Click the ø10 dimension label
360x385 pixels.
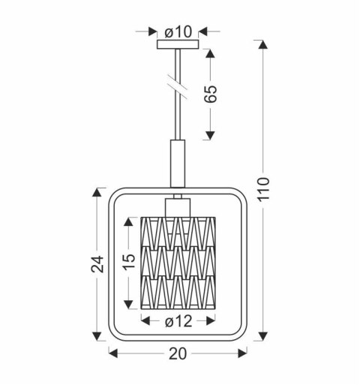[x=178, y=32]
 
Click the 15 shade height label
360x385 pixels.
[x=130, y=260]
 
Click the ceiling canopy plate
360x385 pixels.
[x=178, y=45]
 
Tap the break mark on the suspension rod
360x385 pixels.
[x=178, y=83]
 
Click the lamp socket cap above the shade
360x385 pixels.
[x=178, y=206]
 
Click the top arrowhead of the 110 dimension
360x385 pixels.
[x=262, y=44]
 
